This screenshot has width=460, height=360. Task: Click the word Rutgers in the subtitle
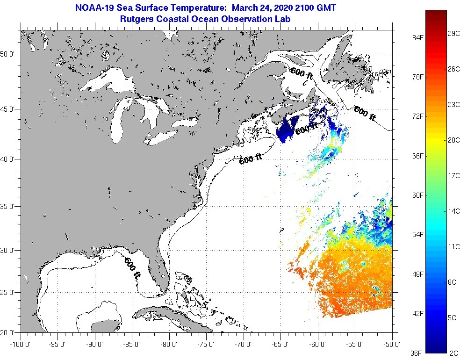click(x=137, y=19)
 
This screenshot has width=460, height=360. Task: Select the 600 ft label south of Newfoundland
click(x=365, y=114)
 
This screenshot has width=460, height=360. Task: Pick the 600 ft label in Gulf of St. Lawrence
click(x=302, y=74)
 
